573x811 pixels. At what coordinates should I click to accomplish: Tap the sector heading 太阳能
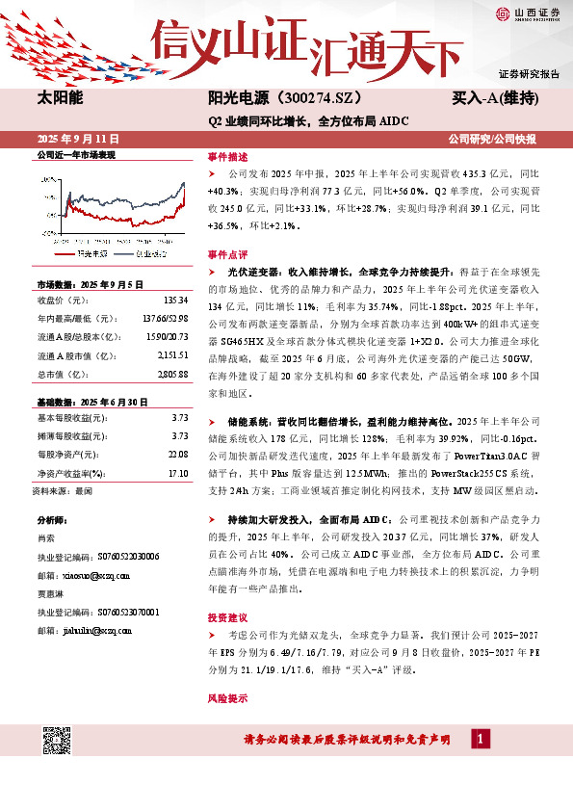(59, 99)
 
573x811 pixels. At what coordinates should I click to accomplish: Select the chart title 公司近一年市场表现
(75, 154)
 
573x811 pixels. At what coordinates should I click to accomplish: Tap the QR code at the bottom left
(58, 741)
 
